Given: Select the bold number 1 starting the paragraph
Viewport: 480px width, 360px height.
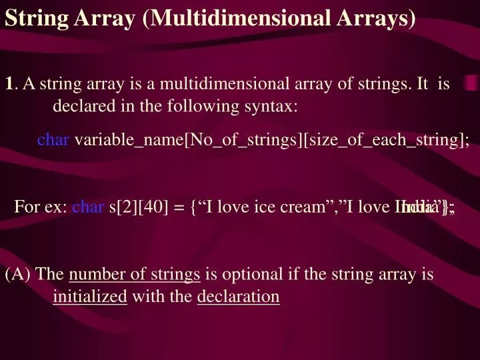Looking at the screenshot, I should [x=9, y=84].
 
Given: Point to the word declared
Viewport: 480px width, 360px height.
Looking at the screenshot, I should [x=81, y=106].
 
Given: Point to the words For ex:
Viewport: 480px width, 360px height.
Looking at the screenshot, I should [x=41, y=207].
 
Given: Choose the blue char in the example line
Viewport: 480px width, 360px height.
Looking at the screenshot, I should [x=88, y=207].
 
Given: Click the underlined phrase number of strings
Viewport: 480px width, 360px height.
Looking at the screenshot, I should [x=134, y=274].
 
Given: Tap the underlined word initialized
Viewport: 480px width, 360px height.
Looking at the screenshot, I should [x=89, y=296].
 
